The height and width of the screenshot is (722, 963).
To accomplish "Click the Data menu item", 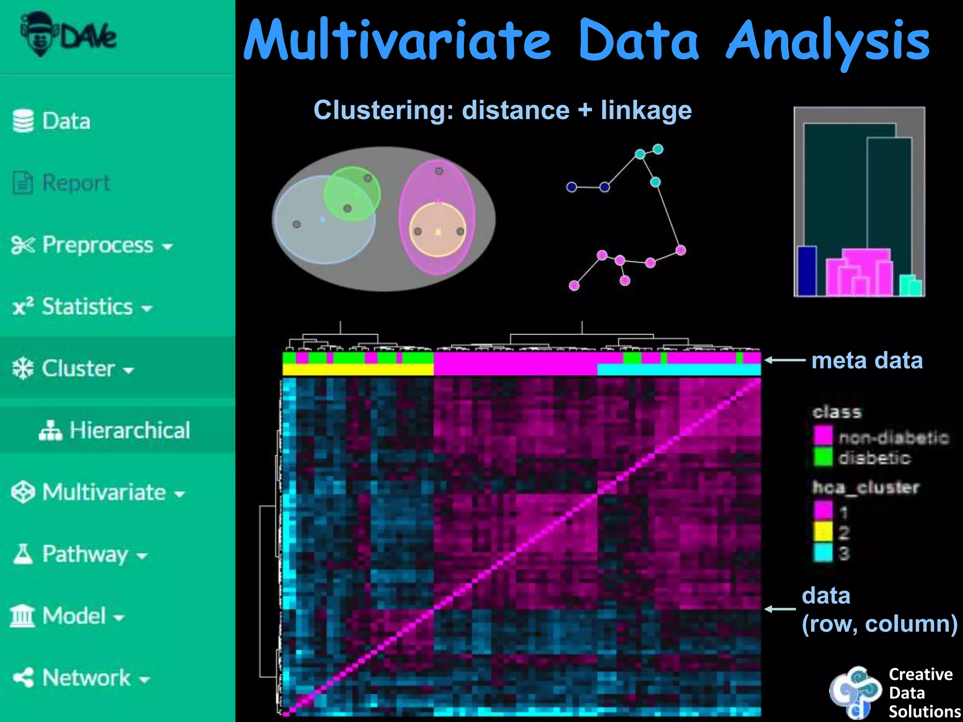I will [x=52, y=121].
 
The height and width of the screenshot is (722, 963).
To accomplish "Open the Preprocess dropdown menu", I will [x=92, y=245].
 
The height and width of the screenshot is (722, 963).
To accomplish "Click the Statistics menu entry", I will [x=83, y=307].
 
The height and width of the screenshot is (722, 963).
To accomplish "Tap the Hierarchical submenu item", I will [x=115, y=430].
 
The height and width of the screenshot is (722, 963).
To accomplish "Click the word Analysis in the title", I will [x=828, y=41].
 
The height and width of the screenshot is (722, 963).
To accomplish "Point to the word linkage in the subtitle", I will [x=646, y=110].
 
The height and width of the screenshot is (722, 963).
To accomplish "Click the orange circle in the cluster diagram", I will [x=438, y=230].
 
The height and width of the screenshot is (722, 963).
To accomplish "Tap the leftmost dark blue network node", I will [x=571, y=187].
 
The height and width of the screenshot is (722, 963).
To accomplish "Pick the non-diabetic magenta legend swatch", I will [x=823, y=436].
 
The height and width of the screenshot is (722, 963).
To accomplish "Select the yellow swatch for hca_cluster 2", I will [x=823, y=532].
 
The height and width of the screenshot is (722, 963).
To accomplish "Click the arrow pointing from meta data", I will [x=785, y=361].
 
